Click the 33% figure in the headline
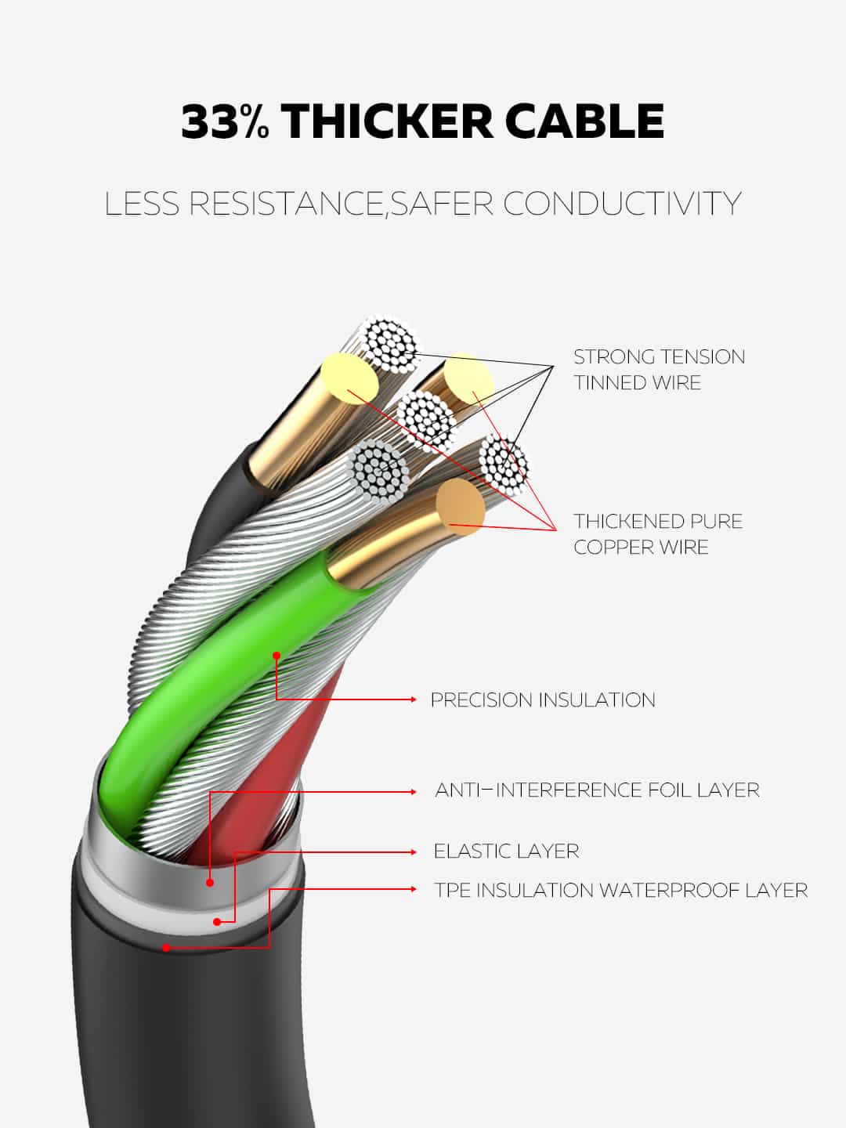225,121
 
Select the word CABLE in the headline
584,121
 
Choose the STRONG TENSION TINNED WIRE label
659,369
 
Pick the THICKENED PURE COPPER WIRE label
658,533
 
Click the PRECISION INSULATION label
543,700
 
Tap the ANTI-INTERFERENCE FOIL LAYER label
597,790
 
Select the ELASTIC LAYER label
506,851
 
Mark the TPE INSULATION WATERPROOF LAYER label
621,890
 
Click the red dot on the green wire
277,655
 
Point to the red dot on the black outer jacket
166,948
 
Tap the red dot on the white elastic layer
216,922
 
